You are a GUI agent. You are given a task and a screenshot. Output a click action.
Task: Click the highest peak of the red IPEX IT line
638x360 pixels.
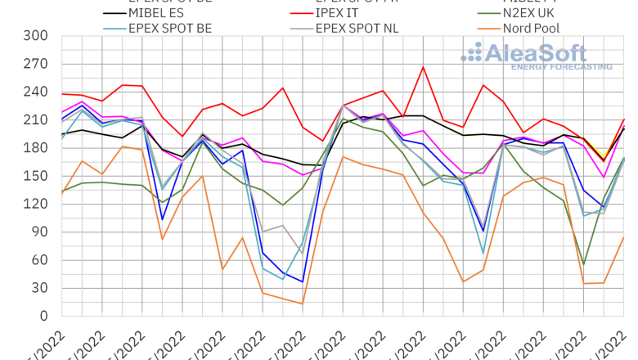(x=423, y=67)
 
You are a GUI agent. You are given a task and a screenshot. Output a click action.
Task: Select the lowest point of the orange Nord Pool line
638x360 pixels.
(x=302, y=304)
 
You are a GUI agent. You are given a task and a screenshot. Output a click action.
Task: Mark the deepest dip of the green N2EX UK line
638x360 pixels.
(x=583, y=263)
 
